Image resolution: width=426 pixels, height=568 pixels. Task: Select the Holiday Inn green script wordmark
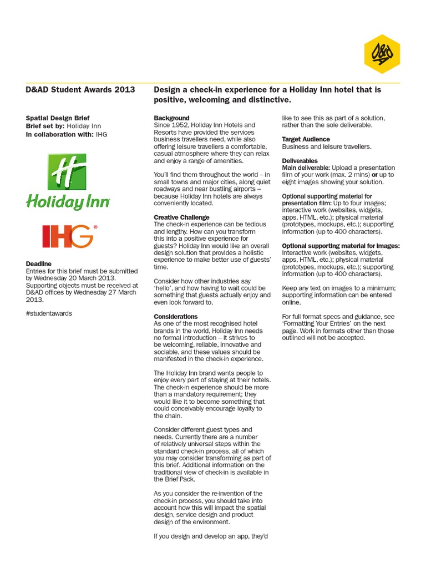pos(68,202)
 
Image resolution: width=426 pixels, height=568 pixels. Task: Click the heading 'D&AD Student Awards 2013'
pos(80,90)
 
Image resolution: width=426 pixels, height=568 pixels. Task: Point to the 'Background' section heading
pos(171,118)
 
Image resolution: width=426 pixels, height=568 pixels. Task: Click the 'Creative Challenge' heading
pos(181,217)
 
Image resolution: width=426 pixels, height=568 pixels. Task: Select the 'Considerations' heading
pos(176,316)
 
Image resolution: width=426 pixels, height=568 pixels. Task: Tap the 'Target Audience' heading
pos(306,139)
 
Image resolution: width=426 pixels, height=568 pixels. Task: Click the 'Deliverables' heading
pos(300,160)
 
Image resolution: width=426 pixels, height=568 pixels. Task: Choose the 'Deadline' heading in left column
pos(39,263)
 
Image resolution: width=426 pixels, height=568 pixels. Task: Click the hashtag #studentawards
pos(49,313)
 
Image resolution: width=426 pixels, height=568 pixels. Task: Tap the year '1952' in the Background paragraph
pos(181,125)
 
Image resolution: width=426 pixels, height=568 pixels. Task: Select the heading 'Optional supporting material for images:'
pos(341,245)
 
